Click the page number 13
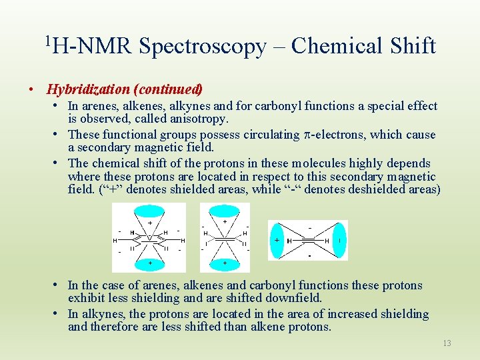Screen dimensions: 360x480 click(447, 343)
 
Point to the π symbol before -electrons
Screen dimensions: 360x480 click(307, 135)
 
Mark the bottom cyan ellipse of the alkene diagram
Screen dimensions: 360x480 click(225, 263)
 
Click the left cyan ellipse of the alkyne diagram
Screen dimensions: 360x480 click(277, 240)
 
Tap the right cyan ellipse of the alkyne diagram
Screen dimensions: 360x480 click(339, 240)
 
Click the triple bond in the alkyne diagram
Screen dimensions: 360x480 click(307, 240)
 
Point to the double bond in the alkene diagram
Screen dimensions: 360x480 click(225, 238)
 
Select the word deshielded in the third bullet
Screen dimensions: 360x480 click(371, 190)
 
